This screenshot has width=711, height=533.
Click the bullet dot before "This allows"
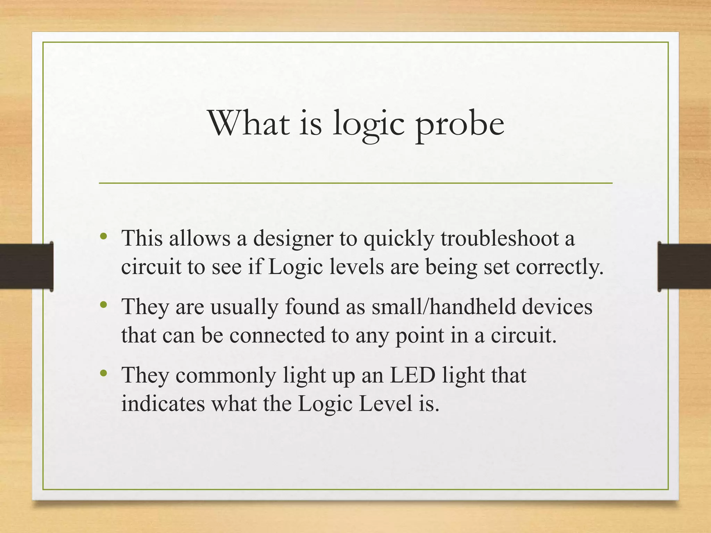[x=103, y=237]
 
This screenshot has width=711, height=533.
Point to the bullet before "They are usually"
[x=103, y=305]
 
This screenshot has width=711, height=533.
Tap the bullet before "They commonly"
[x=103, y=373]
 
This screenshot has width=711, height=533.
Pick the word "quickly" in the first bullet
[x=399, y=239]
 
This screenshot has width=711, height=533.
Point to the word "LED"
[x=413, y=375]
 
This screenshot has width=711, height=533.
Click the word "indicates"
[x=163, y=404]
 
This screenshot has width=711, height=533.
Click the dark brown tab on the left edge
[x=26, y=266]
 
